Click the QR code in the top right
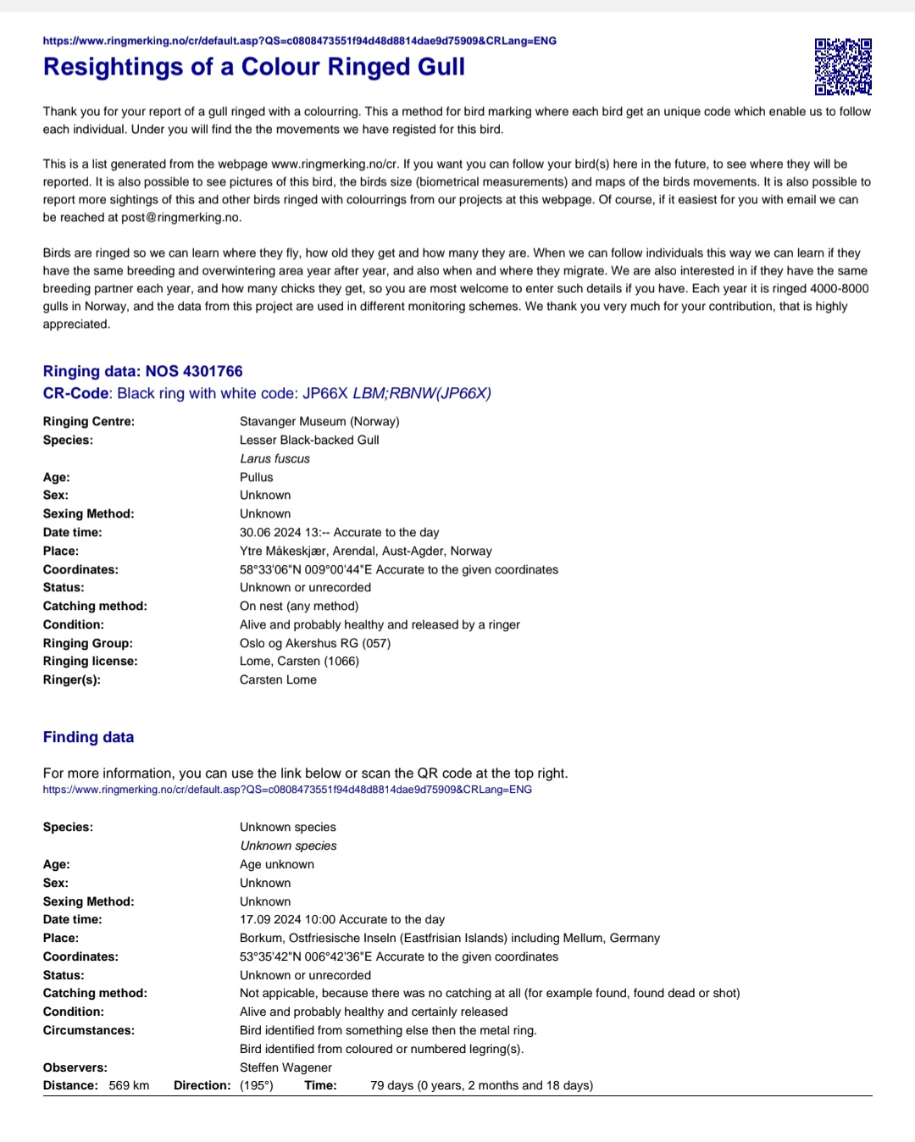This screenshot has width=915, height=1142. (843, 66)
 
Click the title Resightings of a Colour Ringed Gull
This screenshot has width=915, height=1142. (254, 67)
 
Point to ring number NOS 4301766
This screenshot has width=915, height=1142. (194, 371)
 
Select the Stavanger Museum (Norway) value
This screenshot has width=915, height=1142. (319, 421)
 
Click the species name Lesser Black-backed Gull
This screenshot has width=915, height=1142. (309, 440)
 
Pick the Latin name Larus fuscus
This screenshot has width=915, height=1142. (274, 458)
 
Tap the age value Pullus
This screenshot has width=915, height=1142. (256, 477)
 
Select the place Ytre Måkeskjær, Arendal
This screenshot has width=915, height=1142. (317, 551)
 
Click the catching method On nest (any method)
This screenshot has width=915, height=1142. (299, 606)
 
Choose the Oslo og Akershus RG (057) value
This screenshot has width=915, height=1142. (315, 643)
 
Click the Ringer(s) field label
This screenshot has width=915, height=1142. (72, 679)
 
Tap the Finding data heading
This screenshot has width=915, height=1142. (88, 737)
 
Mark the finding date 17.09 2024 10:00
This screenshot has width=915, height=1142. (288, 919)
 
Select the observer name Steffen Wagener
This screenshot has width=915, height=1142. (286, 1067)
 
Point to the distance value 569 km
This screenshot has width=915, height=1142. (129, 1085)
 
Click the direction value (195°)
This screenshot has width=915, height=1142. (257, 1085)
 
